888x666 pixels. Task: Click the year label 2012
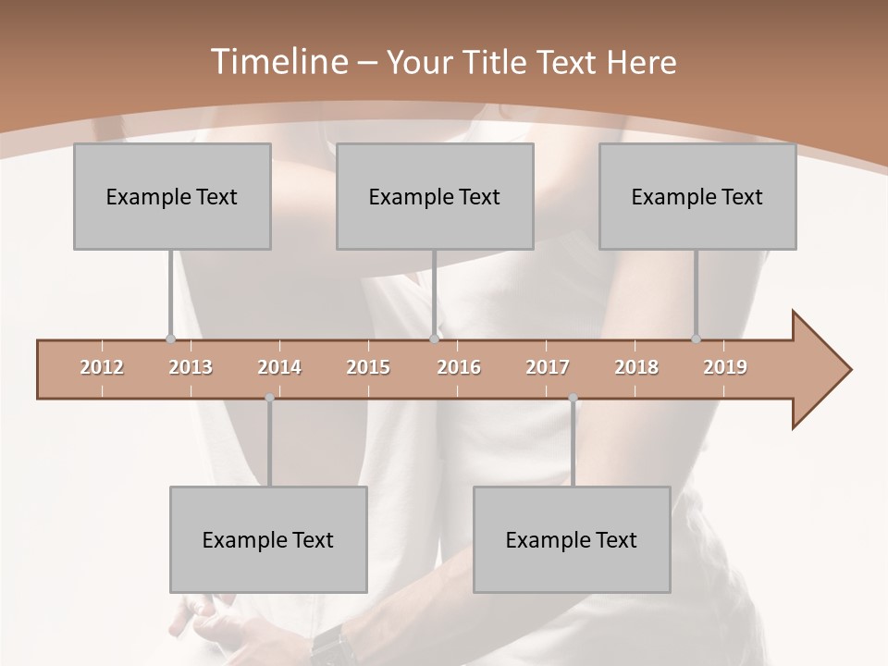[102, 367]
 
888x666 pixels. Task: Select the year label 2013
[191, 367]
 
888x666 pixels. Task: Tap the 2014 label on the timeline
[279, 367]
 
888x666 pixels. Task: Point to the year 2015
[368, 367]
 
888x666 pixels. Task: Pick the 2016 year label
[459, 367]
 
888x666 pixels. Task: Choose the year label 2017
[548, 367]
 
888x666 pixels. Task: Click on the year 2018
[636, 367]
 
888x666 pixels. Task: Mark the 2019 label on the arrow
[725, 367]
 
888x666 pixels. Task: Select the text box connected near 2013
[172, 196]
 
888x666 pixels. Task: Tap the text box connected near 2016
[435, 196]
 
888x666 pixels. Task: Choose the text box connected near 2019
[697, 196]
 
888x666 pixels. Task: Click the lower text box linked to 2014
[268, 539]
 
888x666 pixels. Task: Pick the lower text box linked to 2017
[572, 539]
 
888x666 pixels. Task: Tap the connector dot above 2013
[170, 339]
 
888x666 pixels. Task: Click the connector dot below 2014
[269, 399]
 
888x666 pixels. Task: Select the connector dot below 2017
[573, 399]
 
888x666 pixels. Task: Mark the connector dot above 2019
[697, 339]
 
